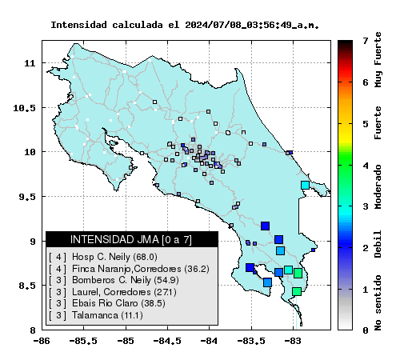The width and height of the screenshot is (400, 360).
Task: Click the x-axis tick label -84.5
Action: [167, 341]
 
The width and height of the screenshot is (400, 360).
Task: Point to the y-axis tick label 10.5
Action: [24, 108]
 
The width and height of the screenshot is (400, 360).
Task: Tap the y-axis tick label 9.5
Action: [27, 197]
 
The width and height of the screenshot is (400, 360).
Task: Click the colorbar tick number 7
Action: [366, 41]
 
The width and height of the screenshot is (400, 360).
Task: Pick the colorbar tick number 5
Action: [366, 124]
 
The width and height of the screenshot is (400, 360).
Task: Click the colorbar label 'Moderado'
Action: [378, 187]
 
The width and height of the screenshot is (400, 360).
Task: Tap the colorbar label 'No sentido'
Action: [378, 302]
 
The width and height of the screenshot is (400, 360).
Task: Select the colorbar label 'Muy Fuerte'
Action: [378, 59]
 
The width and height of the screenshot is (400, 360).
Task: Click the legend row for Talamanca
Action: [96, 315]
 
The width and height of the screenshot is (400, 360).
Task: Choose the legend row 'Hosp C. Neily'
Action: [103, 257]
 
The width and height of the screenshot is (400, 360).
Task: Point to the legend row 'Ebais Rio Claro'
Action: [107, 303]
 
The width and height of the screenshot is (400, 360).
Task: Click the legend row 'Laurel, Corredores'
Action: [113, 292]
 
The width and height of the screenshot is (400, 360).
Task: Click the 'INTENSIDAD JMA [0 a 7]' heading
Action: [131, 239]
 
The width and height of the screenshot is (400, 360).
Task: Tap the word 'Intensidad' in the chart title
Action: [78, 25]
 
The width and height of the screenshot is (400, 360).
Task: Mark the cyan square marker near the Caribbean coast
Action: [305, 185]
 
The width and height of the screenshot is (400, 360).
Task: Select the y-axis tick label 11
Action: [30, 64]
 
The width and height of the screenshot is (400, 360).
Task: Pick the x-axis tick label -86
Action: [42, 341]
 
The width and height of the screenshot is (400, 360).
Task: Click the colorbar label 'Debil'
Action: [378, 244]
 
